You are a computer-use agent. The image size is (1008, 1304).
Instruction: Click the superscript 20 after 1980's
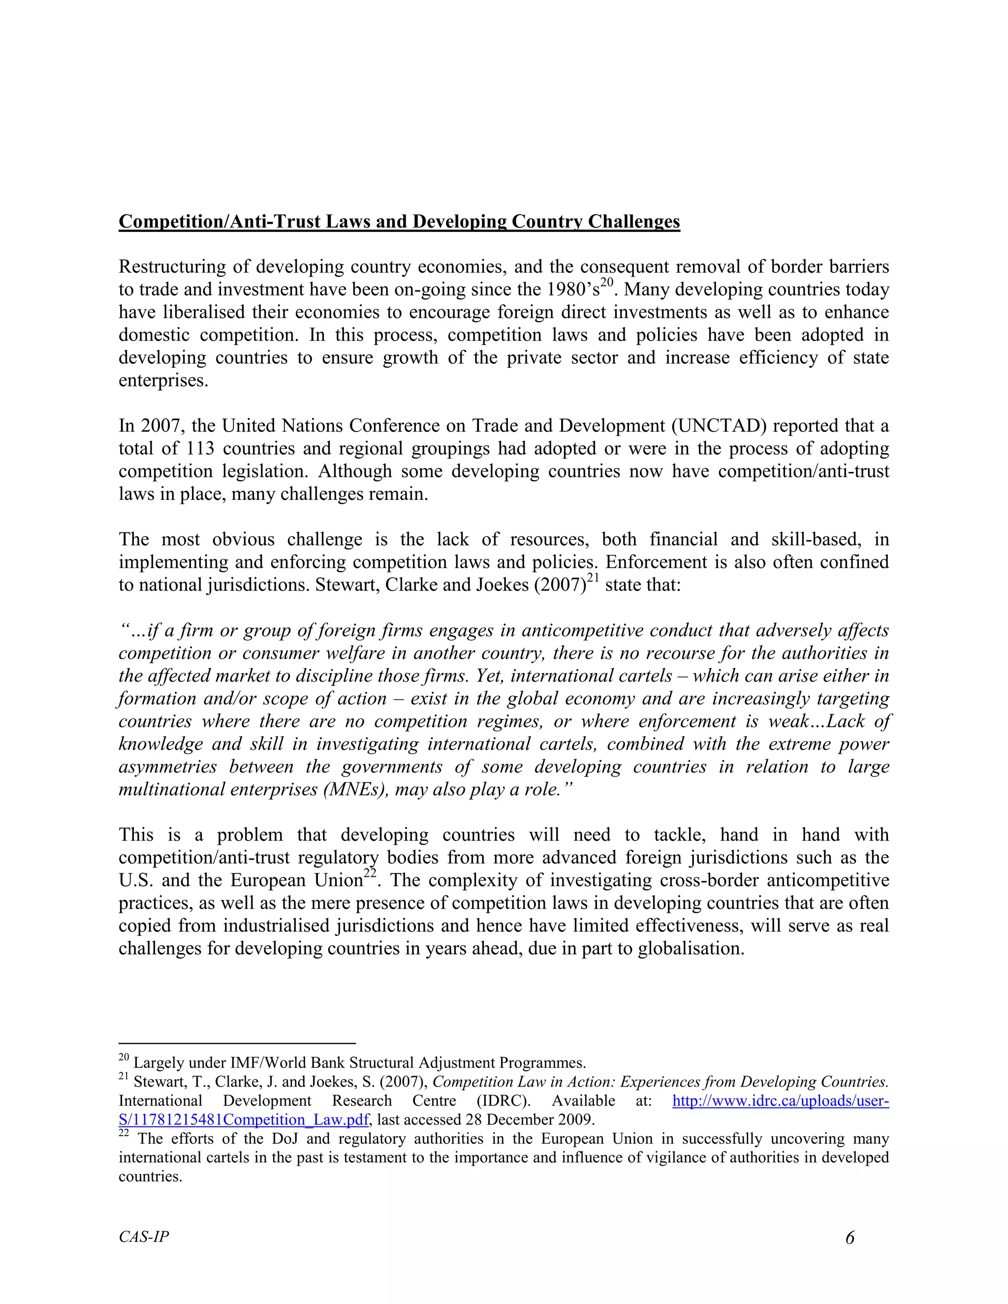[607, 283]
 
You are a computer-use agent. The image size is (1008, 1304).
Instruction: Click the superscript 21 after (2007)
[593, 578]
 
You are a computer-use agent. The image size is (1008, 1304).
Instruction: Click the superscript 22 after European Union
[371, 874]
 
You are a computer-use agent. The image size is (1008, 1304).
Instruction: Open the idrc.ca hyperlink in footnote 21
[781, 1100]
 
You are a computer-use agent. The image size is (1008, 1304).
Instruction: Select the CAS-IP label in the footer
[143, 1237]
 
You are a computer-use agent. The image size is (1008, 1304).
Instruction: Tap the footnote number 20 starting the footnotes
[124, 1058]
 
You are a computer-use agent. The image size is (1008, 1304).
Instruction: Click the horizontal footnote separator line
[237, 1043]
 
